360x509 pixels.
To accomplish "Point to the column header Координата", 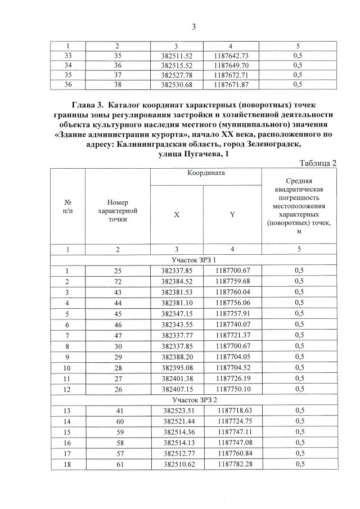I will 206,173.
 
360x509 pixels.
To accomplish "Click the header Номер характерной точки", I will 118,210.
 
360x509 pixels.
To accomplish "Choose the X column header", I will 177,214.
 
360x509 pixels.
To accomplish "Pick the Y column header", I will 232,214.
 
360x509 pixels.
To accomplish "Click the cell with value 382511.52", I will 177,56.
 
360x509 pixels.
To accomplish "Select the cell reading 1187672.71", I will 232,75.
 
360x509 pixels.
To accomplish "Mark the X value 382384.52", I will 177,281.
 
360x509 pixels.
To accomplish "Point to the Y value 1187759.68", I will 232,281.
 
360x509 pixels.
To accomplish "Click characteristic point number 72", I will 118,281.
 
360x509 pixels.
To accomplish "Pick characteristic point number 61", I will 118,464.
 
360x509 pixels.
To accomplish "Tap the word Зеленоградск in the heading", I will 272,144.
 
